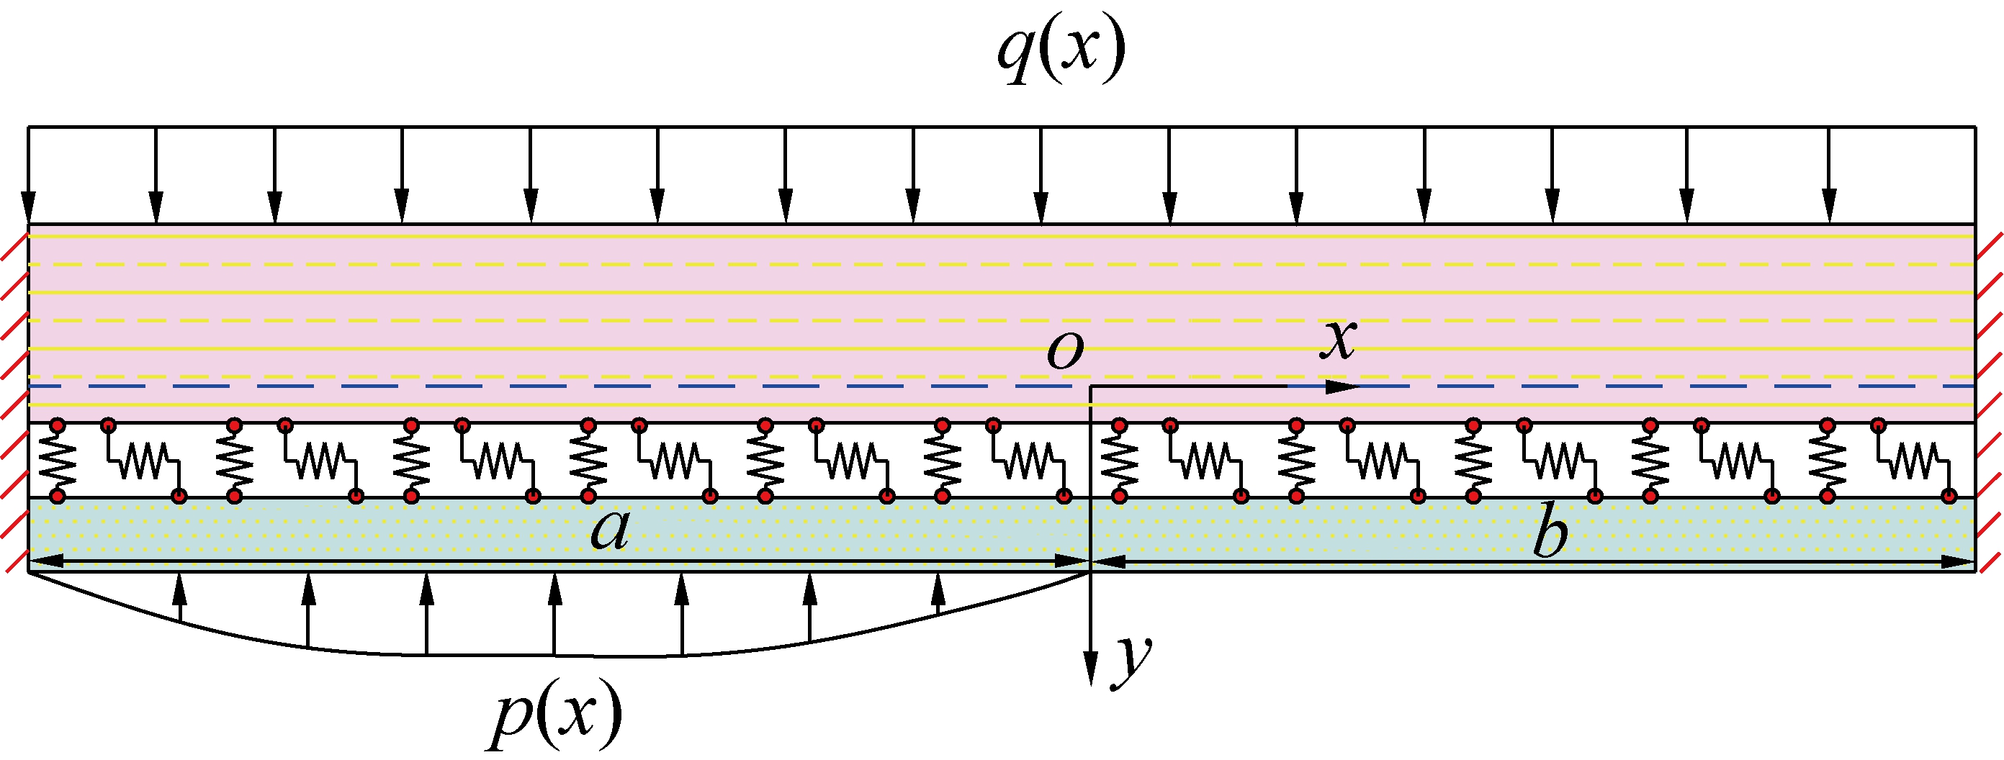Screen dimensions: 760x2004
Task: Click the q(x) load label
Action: click(x=1061, y=51)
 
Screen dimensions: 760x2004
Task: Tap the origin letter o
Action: click(x=1064, y=352)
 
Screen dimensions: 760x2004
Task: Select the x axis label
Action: click(x=1338, y=340)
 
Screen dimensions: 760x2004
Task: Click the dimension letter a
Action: click(x=610, y=531)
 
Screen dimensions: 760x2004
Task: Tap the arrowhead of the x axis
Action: click(x=1342, y=386)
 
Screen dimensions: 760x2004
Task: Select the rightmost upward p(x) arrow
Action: click(x=938, y=593)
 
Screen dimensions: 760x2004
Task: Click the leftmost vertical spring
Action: click(x=58, y=461)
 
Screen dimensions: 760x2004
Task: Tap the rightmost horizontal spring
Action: click(x=1915, y=460)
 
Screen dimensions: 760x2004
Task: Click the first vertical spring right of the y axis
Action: click(x=1120, y=461)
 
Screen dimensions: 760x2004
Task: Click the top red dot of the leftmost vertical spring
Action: click(x=58, y=425)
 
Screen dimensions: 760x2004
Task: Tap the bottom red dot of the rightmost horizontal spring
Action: click(x=1949, y=496)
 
